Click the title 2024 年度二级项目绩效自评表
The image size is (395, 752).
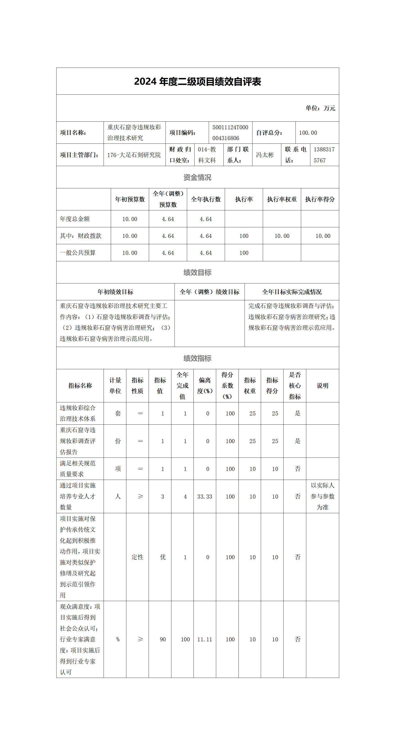(197, 82)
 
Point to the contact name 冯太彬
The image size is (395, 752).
(265, 155)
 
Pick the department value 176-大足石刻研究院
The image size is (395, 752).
(134, 155)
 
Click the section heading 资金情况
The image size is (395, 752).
(197, 177)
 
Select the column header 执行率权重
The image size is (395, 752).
(282, 199)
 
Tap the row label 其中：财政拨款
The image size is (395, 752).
(81, 236)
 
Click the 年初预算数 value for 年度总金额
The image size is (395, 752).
(130, 219)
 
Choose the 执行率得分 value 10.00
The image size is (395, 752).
(323, 236)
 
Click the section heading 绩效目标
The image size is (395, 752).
(197, 272)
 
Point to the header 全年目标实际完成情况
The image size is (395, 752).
(292, 292)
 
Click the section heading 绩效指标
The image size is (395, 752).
(197, 358)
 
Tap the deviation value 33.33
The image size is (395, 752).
(204, 497)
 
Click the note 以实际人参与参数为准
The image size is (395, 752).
(322, 496)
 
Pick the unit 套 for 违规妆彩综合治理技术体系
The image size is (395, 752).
(118, 413)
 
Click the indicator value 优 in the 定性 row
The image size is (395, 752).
(163, 557)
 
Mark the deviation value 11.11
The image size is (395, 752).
(204, 639)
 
